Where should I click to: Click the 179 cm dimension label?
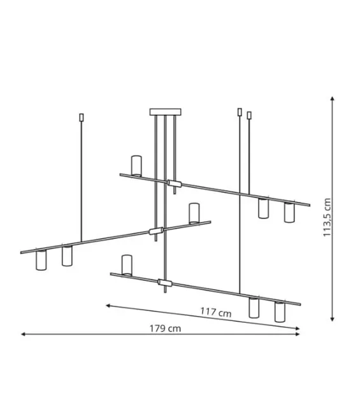coord(165,329)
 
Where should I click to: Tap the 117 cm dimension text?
coord(216,312)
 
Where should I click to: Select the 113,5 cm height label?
coord(327,217)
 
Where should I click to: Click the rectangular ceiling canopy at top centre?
coord(165,112)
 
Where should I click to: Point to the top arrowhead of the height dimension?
coord(333,99)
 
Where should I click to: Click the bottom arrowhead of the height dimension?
coord(333,319)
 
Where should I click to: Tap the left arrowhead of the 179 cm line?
coord(23,334)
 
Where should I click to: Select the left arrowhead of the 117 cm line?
coord(108,306)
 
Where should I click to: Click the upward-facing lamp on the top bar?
coord(136,166)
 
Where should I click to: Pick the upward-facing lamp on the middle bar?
coord(194,213)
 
